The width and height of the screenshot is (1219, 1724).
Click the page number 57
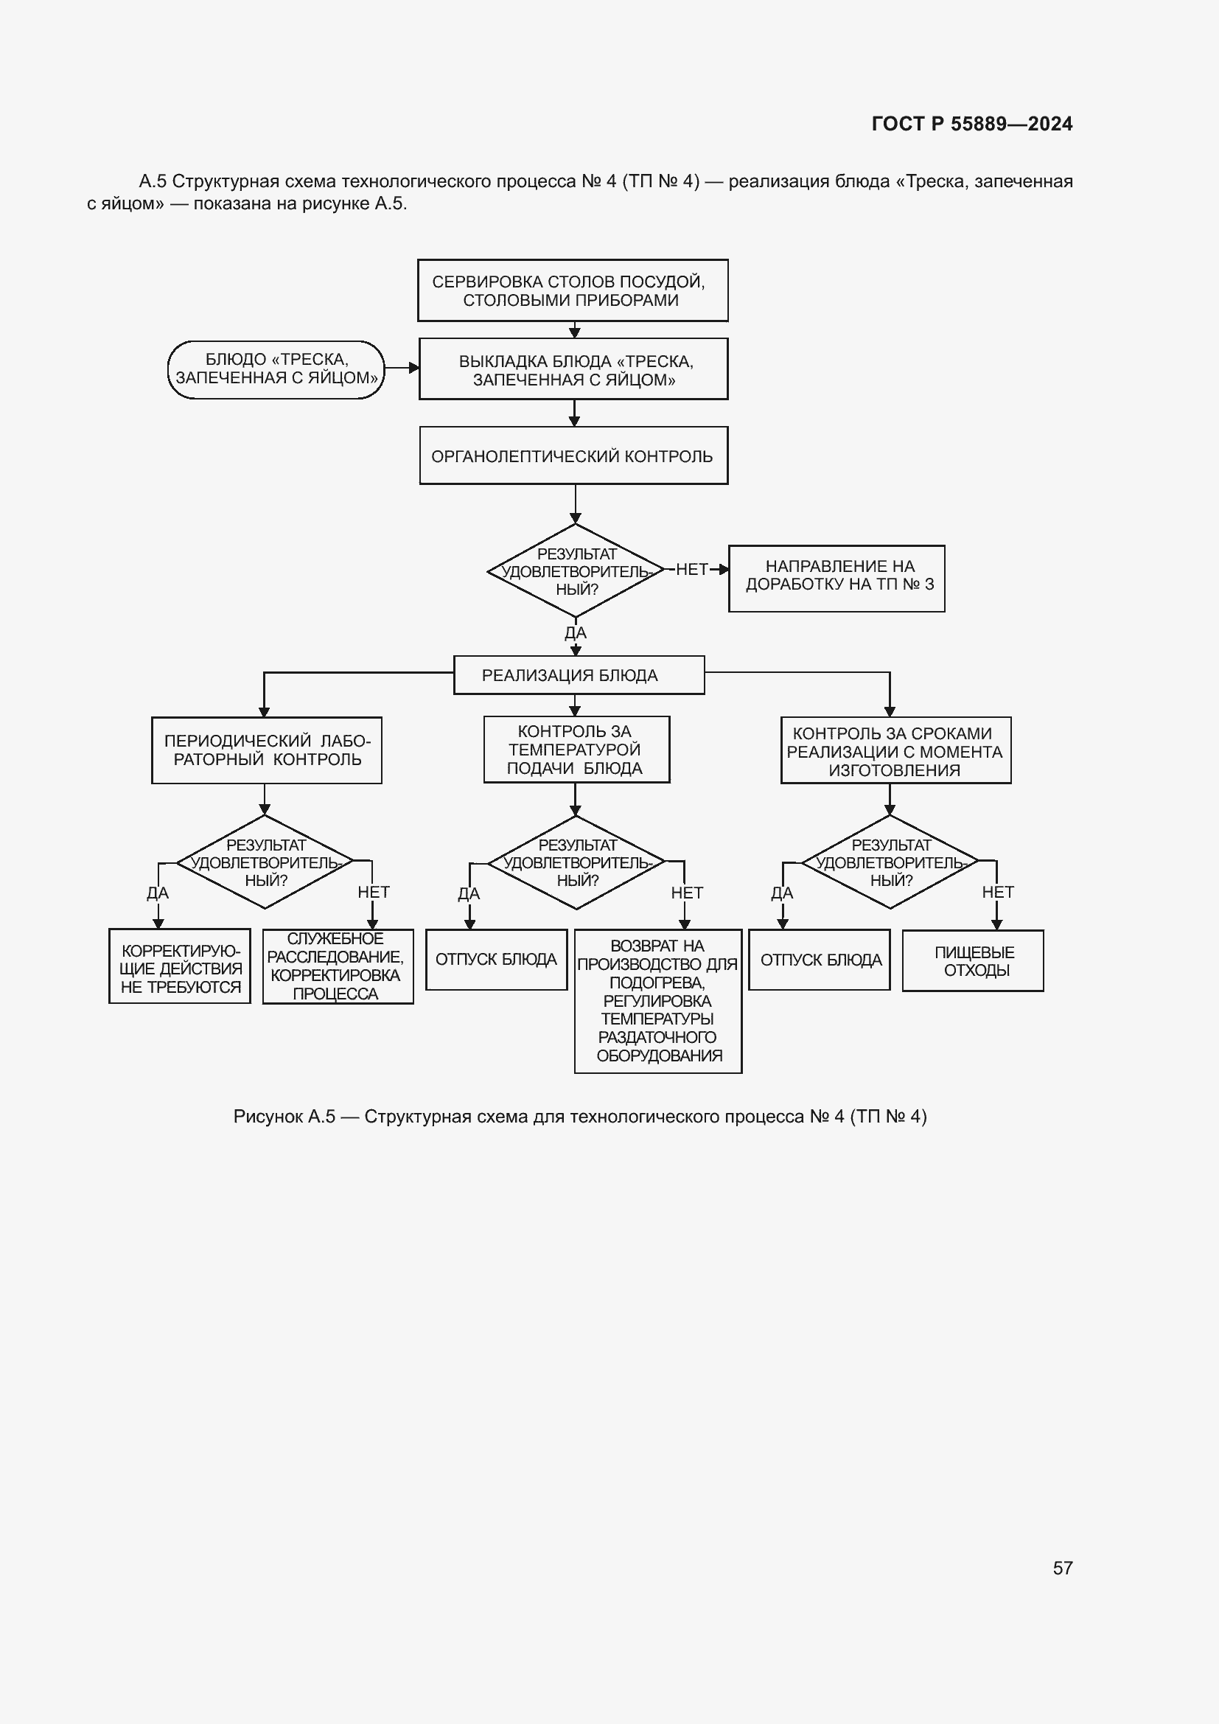coord(1062,1568)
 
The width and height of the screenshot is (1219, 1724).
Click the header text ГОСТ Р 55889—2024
coord(971,124)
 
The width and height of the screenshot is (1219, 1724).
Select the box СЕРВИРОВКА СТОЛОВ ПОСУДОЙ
coord(573,290)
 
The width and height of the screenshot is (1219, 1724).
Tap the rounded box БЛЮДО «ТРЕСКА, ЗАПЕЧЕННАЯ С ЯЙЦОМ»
coord(276,369)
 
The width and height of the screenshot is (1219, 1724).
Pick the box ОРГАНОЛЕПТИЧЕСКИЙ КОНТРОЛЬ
coord(573,456)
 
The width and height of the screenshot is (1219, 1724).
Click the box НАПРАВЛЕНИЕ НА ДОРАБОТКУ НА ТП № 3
coord(836,579)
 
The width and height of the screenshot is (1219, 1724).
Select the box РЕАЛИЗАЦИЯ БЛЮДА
coord(579,675)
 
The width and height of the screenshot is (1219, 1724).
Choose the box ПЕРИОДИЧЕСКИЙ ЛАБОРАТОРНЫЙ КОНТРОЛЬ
coord(267,750)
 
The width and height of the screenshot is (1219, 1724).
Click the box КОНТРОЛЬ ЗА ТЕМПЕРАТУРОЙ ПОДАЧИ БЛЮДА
coord(576,750)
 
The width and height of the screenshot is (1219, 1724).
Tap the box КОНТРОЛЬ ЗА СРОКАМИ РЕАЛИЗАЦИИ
coord(895,750)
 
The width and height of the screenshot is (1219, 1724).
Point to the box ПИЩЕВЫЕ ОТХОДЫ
coord(973,961)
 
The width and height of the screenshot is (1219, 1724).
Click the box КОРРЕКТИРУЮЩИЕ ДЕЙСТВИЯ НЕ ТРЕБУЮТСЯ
coord(179,966)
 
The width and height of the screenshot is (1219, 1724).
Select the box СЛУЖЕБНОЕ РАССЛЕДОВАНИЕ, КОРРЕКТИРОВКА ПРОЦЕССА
coord(338,966)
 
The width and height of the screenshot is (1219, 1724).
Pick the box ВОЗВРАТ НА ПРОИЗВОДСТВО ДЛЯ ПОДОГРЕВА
coord(658,1001)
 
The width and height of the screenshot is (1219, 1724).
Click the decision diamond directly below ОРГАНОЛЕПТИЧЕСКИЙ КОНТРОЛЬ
coord(576,570)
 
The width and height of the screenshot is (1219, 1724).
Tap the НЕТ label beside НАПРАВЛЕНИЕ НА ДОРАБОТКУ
coord(691,569)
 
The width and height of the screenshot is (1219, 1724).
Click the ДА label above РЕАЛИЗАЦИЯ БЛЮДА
coord(576,633)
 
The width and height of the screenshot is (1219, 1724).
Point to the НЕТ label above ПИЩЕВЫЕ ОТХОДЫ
coord(998,892)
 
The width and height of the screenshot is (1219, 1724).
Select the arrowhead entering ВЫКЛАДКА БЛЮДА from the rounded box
coord(413,368)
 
